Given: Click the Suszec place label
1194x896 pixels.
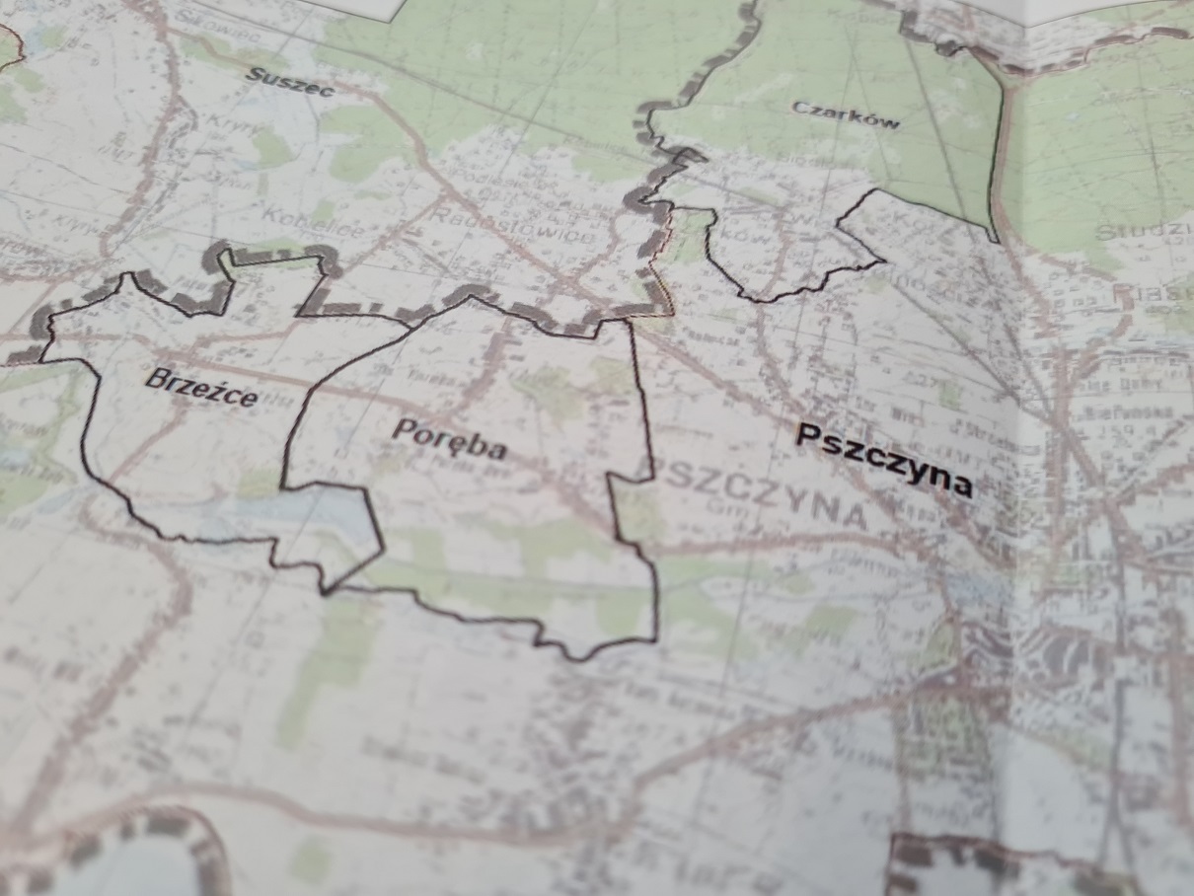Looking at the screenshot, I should click(x=290, y=82).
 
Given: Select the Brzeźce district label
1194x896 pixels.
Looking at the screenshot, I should click(x=200, y=387).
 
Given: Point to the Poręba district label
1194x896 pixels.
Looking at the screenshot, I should click(x=449, y=440).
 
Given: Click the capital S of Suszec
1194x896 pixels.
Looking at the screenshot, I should click(x=254, y=74).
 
